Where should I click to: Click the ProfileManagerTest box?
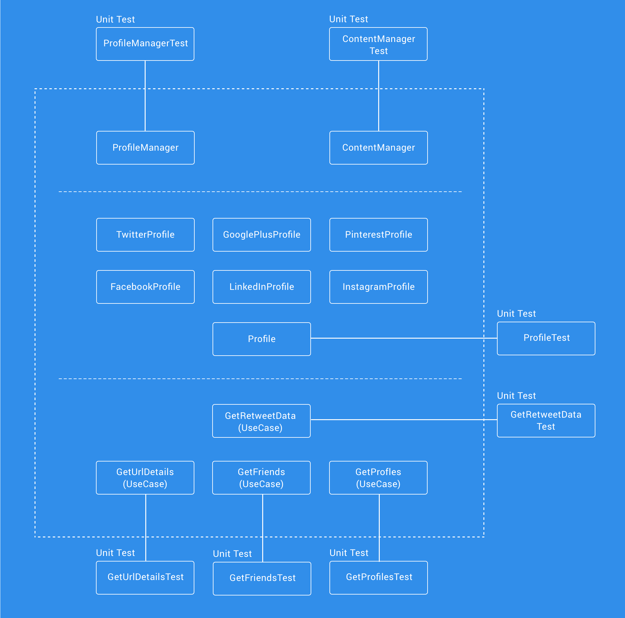point(145,44)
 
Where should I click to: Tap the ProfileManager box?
point(145,148)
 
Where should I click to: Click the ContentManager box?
point(379,148)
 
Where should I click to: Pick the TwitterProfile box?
point(145,235)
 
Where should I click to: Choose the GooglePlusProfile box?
point(261,235)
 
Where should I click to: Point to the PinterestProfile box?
point(379,235)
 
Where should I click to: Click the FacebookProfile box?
point(145,287)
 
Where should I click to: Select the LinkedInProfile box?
point(261,287)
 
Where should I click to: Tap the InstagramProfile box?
point(379,287)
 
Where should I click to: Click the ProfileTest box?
point(546,338)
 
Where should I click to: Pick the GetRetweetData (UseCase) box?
point(261,421)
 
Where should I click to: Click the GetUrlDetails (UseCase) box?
point(145,478)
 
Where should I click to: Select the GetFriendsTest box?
point(262,578)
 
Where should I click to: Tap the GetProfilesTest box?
point(379,578)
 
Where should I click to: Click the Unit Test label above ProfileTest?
point(516,313)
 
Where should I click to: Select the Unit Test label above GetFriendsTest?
point(232,553)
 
